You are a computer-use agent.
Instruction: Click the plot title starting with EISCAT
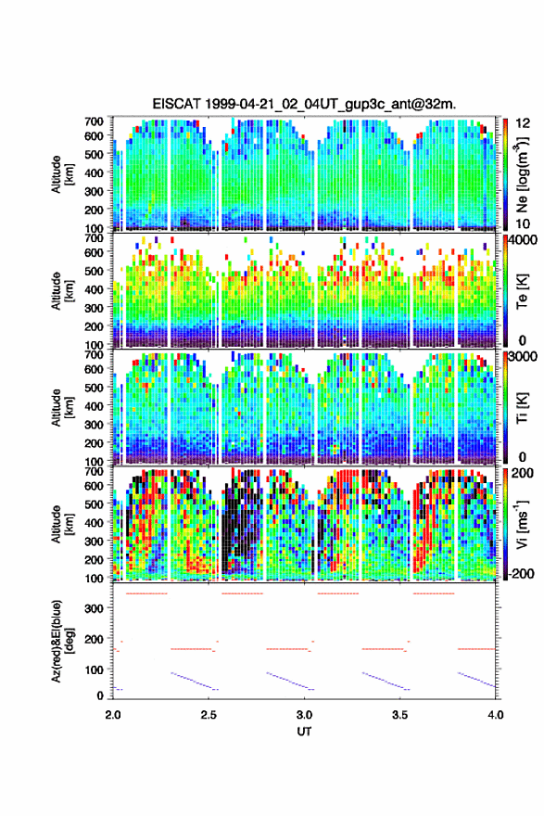[304, 104]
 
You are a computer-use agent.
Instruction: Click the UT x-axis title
[304, 732]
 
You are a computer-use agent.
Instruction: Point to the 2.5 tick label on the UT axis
[209, 715]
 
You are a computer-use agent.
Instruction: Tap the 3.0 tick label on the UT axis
[304, 715]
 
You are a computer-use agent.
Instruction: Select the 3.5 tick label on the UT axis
[400, 715]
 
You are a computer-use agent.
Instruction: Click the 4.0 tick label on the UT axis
[496, 715]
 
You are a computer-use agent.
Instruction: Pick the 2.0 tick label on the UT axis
[113, 715]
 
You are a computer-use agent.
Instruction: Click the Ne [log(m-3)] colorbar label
[522, 175]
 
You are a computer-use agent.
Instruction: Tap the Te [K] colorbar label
[522, 291]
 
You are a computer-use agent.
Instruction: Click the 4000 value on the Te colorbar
[524, 240]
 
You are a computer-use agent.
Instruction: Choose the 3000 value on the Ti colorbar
[524, 357]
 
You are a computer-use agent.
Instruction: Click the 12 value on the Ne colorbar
[524, 123]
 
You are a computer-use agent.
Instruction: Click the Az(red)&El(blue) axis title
[62, 642]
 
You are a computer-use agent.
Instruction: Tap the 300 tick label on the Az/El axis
[94, 608]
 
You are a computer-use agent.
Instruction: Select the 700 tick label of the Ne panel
[94, 121]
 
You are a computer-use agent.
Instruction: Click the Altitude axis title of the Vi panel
[62, 524]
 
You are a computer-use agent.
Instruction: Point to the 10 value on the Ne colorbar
[524, 223]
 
